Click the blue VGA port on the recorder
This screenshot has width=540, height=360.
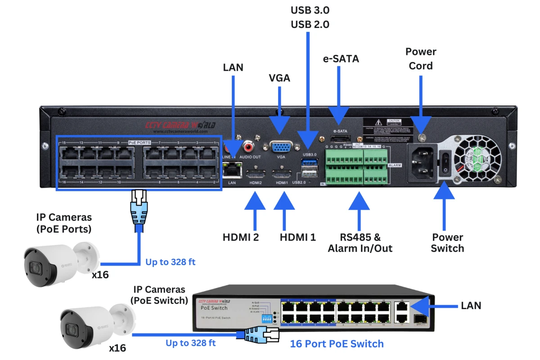point(281,147)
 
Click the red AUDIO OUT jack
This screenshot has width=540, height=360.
point(248,146)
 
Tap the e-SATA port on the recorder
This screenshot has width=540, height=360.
point(340,139)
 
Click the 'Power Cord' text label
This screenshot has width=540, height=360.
point(421,59)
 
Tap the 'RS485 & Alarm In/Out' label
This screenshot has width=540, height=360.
point(360,243)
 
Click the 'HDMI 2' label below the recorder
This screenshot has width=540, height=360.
point(241,237)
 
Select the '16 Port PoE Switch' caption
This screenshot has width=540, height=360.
point(337,344)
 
